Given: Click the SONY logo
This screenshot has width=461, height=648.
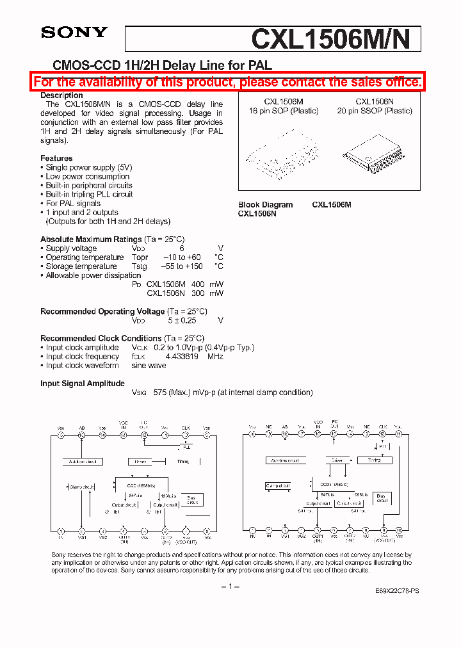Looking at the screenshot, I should (74, 33).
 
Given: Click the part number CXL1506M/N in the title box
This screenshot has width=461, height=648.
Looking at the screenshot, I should (336, 40).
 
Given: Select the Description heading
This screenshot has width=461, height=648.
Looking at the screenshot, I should (61, 95).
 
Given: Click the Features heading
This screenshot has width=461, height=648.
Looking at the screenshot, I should (56, 158).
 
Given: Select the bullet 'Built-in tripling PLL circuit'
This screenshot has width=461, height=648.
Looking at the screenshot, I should (89, 194).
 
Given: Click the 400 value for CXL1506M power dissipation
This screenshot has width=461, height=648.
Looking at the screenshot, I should (198, 284).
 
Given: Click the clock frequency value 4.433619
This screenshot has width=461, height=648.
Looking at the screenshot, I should (182, 357).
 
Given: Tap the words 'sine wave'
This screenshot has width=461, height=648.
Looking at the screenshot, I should (149, 366).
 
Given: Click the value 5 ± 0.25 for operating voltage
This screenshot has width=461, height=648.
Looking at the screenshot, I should (182, 320).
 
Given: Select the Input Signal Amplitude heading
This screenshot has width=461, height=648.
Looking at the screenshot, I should (83, 384).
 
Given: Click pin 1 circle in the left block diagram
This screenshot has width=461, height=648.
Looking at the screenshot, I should (61, 531).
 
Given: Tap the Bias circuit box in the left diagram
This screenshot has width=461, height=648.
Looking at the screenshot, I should (191, 499).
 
